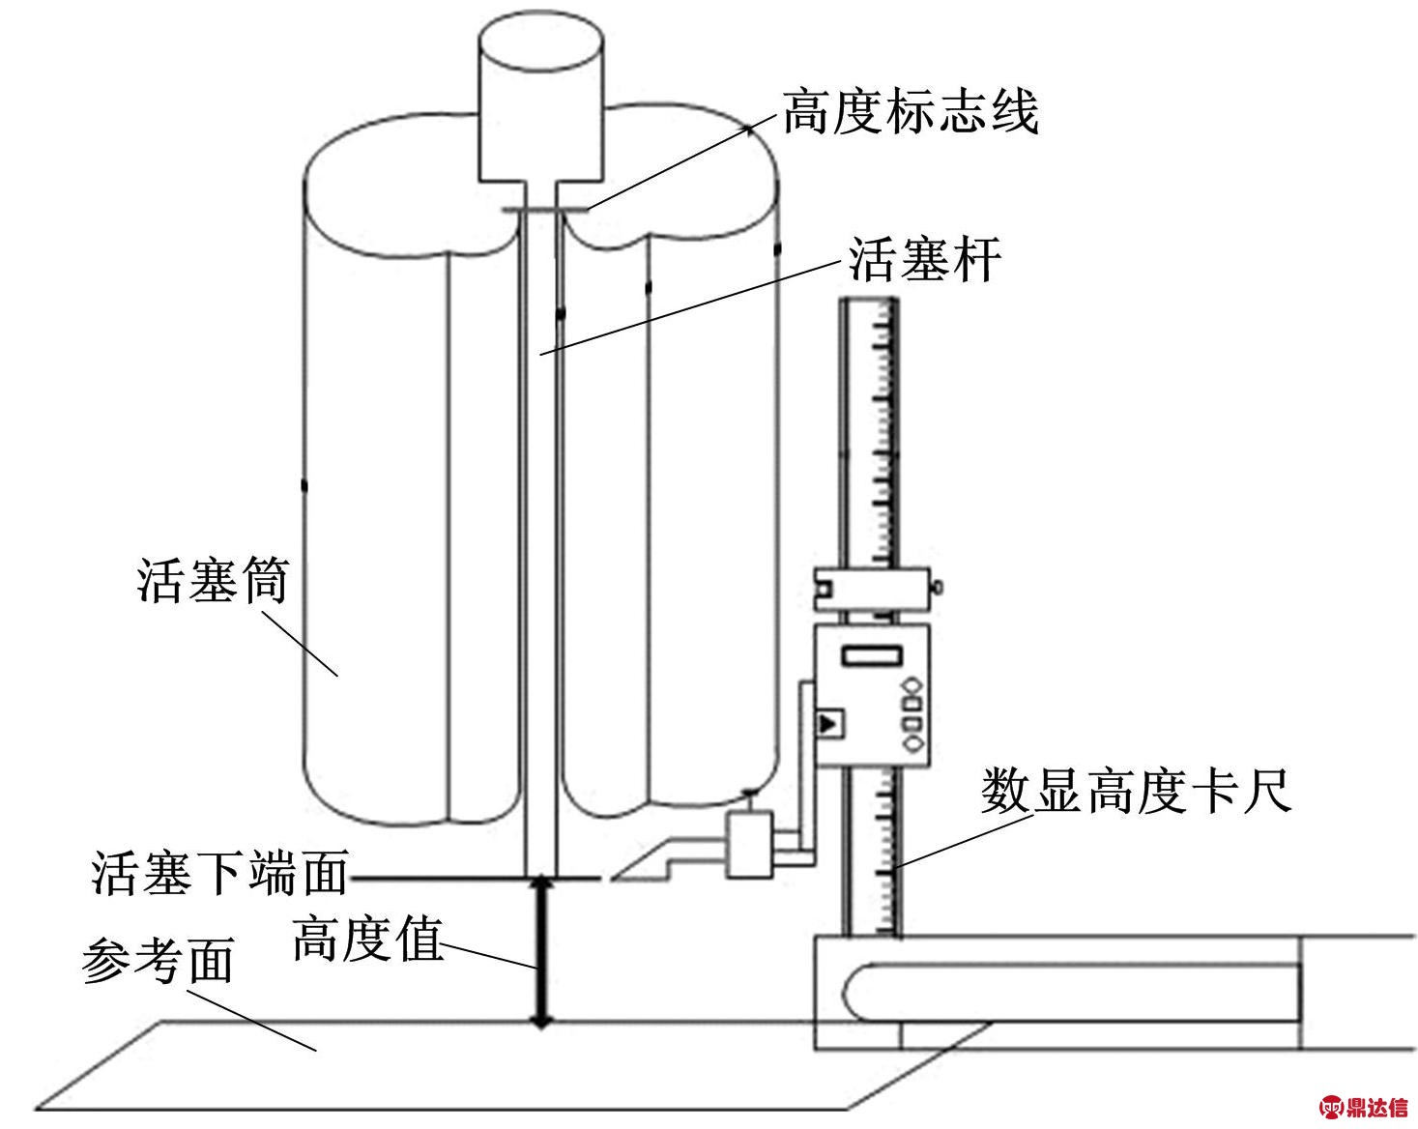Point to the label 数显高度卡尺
pos(1136,793)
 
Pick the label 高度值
pos(367,938)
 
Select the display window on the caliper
pos(872,656)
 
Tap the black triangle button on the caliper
pos(828,722)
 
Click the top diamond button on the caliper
pos(911,686)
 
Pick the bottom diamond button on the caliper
pos(911,743)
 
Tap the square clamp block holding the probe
pos(749,845)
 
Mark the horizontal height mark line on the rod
pos(544,210)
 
